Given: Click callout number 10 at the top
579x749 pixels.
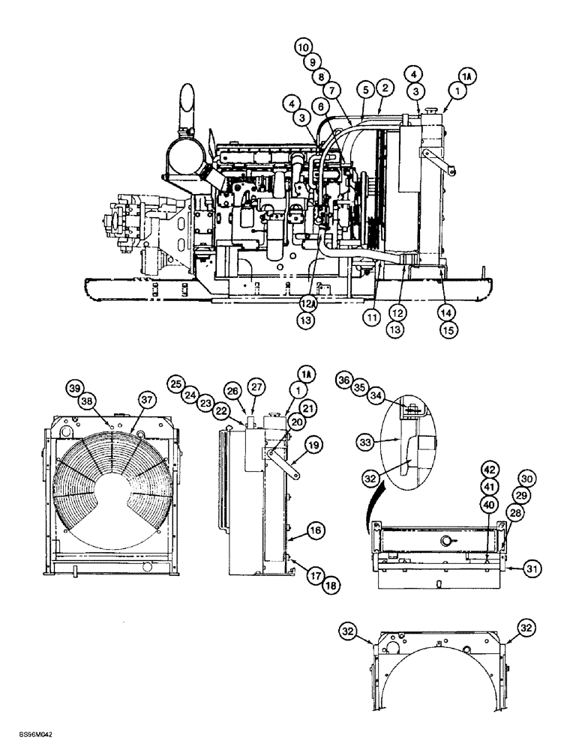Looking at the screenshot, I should (x=302, y=46).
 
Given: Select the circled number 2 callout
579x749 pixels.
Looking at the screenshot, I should (x=384, y=88).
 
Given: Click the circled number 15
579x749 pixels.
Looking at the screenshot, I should (x=449, y=327).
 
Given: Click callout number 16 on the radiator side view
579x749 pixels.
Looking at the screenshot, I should (x=316, y=530).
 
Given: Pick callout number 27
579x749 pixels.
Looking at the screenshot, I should (x=257, y=387).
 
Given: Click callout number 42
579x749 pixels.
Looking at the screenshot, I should (x=489, y=470).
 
